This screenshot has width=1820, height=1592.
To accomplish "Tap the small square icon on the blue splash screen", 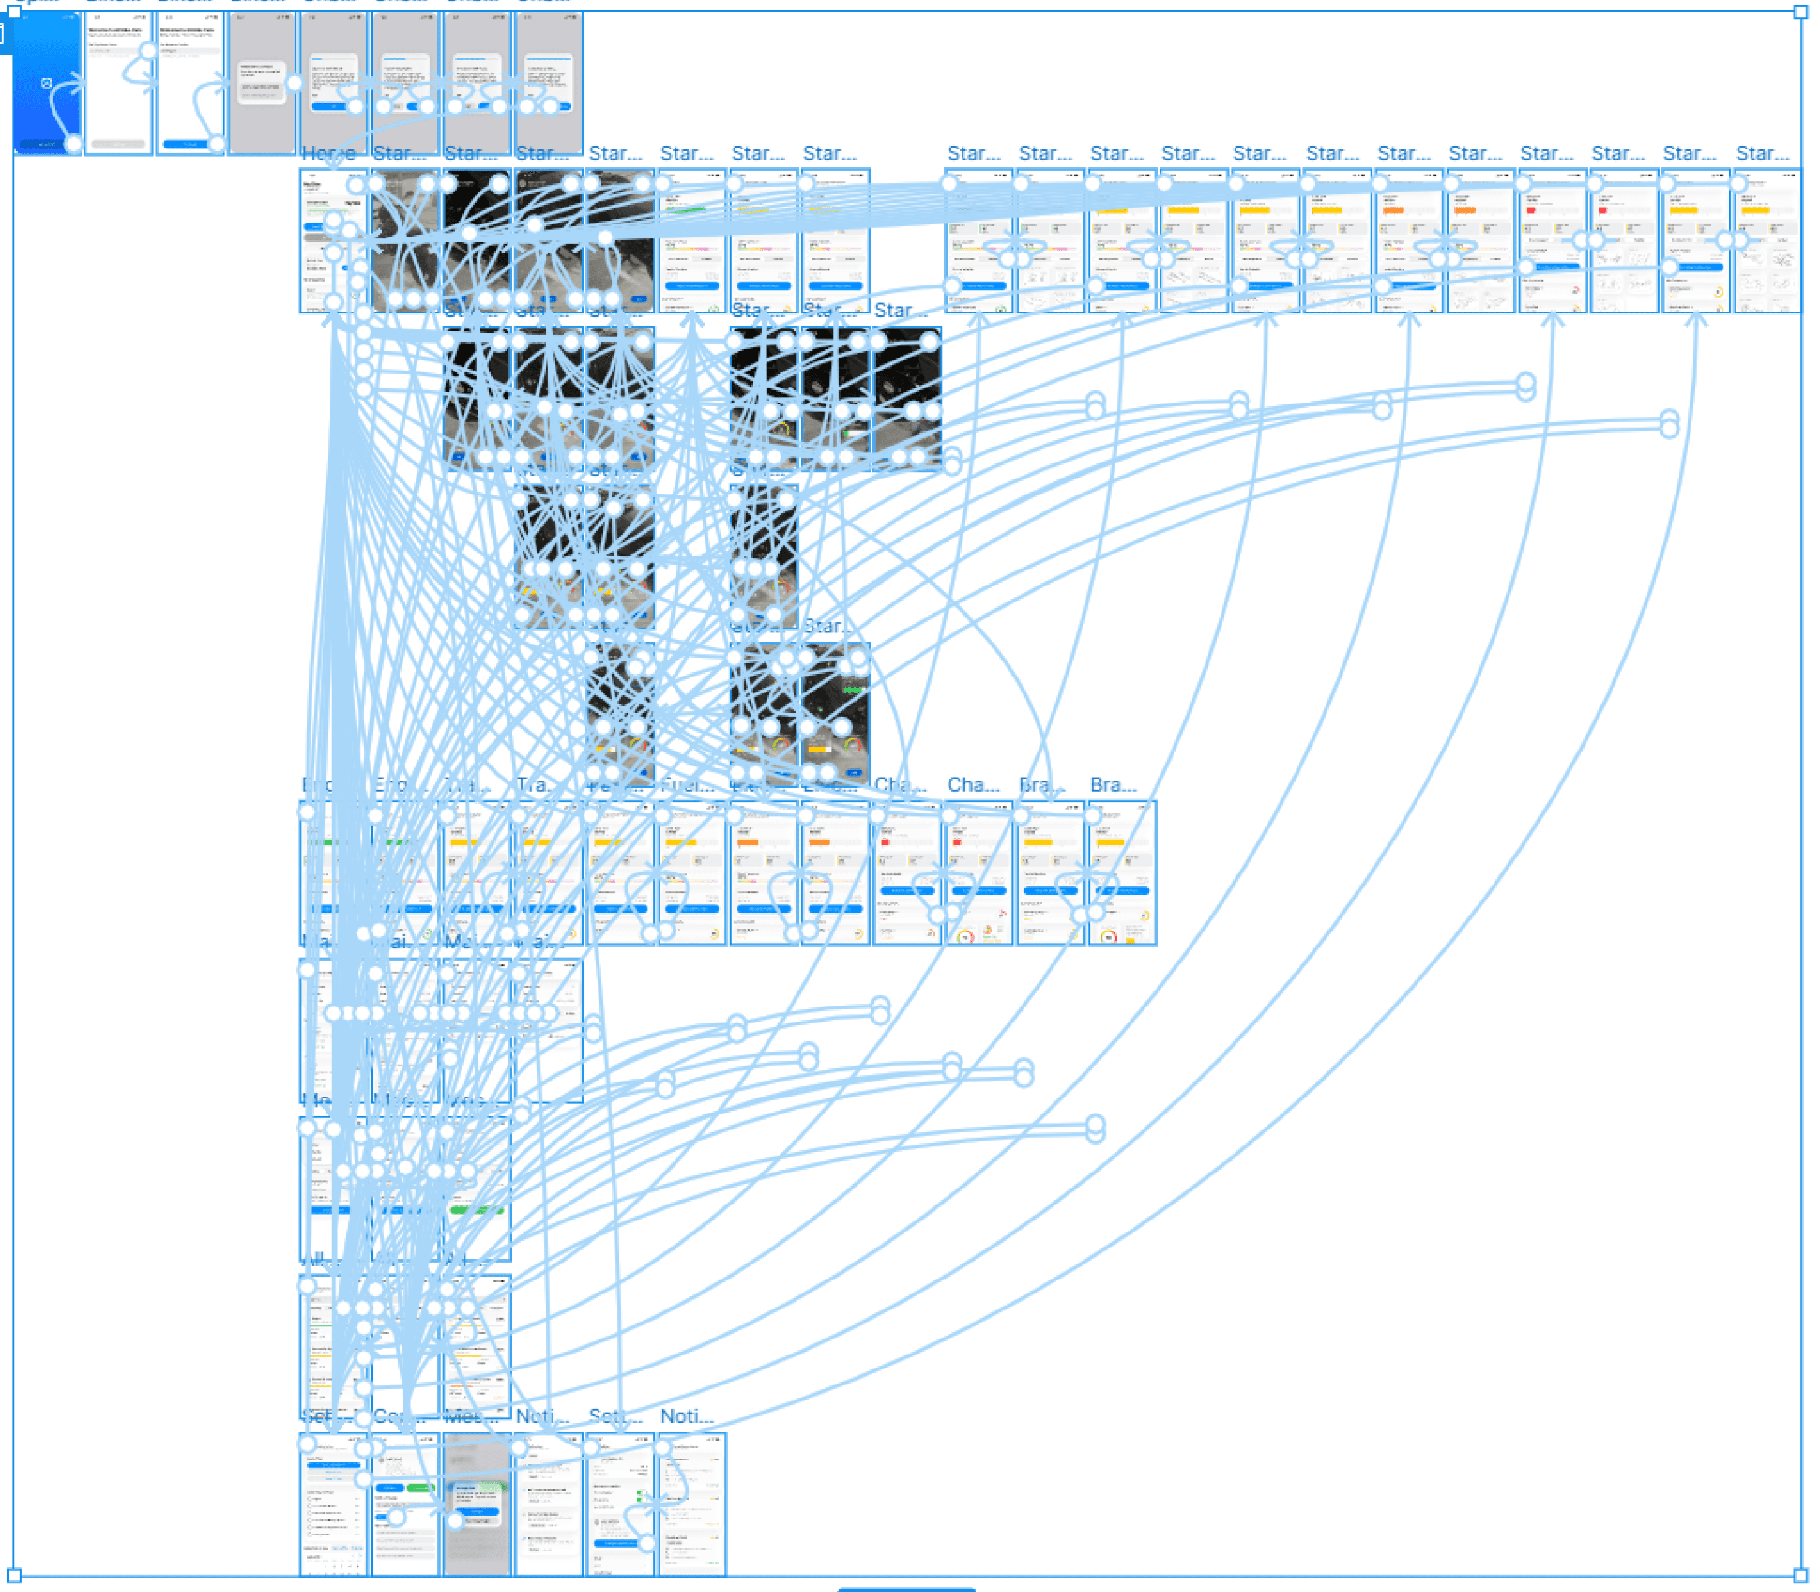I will (x=46, y=84).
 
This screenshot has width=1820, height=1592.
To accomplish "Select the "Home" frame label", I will (x=328, y=154).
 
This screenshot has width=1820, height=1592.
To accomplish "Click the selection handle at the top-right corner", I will (x=1800, y=12).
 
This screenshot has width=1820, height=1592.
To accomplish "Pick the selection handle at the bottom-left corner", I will (x=14, y=1575).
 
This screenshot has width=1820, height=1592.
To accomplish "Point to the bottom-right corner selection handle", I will (x=1800, y=1575).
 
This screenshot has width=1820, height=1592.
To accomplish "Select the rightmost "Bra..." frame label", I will (x=1114, y=784).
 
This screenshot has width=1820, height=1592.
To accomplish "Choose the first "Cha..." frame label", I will (x=900, y=784).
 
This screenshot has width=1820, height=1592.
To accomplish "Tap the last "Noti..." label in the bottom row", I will (x=687, y=1416).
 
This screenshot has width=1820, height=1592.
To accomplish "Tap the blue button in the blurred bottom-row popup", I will (x=477, y=1510).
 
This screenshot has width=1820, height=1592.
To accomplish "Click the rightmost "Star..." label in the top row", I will (x=1762, y=154).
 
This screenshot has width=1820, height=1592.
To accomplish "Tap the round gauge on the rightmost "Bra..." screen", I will (x=1109, y=936).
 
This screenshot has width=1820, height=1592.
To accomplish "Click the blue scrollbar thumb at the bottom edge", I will (x=906, y=1588).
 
